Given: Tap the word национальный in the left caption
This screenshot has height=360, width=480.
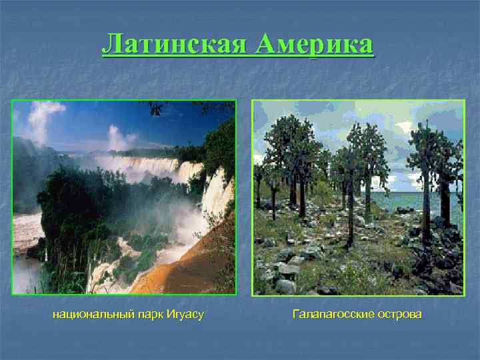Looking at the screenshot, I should point(97,313).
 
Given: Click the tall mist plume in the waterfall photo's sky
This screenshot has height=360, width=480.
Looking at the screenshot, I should point(40,120).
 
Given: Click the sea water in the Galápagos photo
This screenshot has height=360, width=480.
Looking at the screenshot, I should point(400,200).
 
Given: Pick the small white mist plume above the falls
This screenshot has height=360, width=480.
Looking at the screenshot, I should point(120,138).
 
